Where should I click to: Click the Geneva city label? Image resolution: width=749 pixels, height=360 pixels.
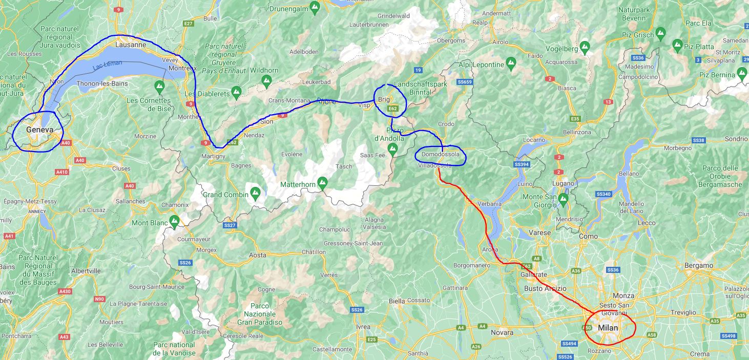(39, 130)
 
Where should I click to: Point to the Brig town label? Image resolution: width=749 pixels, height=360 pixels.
(384, 99)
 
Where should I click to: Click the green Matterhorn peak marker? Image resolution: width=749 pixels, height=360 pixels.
(322, 182)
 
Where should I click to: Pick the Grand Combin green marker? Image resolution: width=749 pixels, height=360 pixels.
(255, 193)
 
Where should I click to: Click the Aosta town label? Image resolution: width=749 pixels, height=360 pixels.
(258, 255)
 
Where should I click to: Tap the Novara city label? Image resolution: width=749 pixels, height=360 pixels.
(502, 333)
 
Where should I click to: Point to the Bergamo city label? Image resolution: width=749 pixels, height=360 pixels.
(699, 266)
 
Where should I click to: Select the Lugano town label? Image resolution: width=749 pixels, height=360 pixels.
(564, 183)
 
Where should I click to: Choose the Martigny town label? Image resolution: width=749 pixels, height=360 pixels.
(213, 156)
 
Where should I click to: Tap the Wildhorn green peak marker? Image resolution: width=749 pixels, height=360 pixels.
(266, 80)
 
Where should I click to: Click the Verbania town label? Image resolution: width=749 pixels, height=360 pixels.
(489, 204)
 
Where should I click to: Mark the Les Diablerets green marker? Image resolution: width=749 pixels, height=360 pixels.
(236, 92)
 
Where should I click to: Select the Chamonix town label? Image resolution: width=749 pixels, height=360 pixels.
(175, 205)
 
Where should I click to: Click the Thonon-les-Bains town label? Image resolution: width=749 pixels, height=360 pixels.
(101, 83)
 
